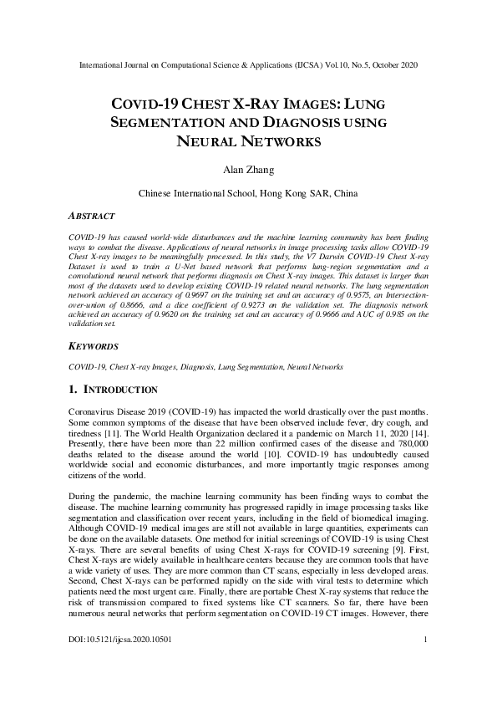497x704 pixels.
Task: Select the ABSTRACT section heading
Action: click(92, 216)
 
